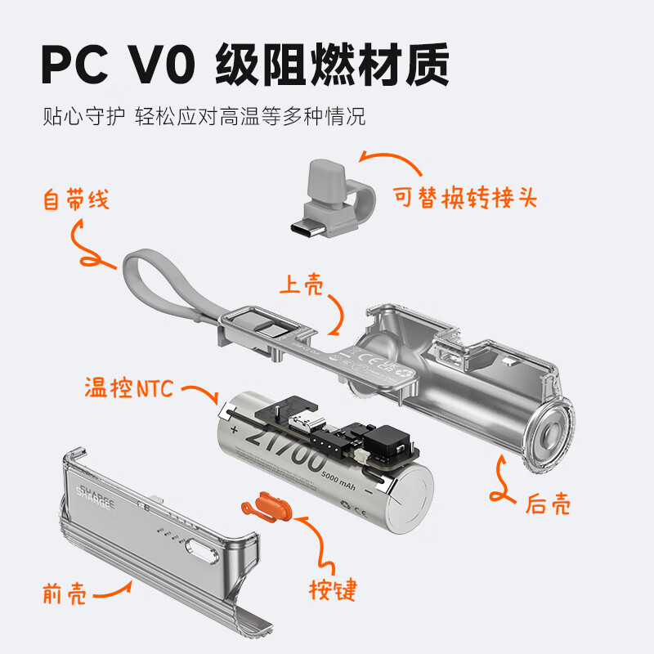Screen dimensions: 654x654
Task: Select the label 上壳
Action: (302, 284)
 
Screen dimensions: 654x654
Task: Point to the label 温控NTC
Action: (129, 387)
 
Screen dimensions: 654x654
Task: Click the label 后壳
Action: (548, 504)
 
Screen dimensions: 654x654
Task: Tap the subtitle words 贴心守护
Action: (83, 116)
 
